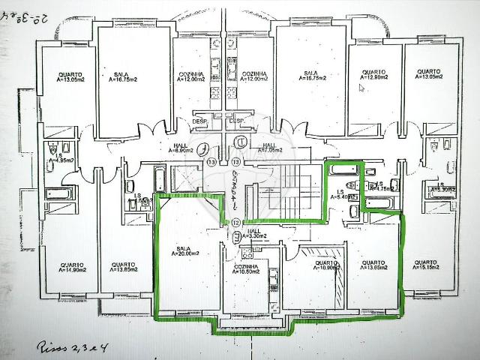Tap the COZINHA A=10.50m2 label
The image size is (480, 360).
click(246, 268)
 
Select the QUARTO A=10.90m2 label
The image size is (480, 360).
click(326, 265)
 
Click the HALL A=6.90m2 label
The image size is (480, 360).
click(181, 148)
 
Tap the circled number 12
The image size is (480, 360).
click(236, 222)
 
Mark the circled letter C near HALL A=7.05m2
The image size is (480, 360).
click(241, 140)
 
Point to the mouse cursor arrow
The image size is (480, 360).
click(361, 88)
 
